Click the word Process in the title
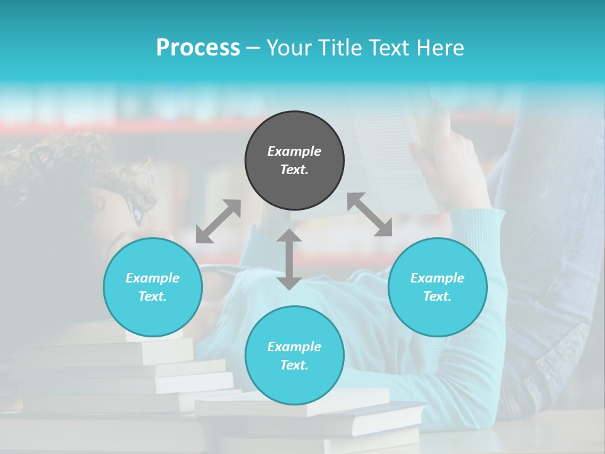pos(198,48)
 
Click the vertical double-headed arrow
pos(289,259)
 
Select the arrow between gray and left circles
pos(218,221)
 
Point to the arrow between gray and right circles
pos(369,214)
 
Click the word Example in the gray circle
pos(294,151)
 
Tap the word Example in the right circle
pos(437,278)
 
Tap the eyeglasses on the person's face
pos(137,211)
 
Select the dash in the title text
pos(253,48)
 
